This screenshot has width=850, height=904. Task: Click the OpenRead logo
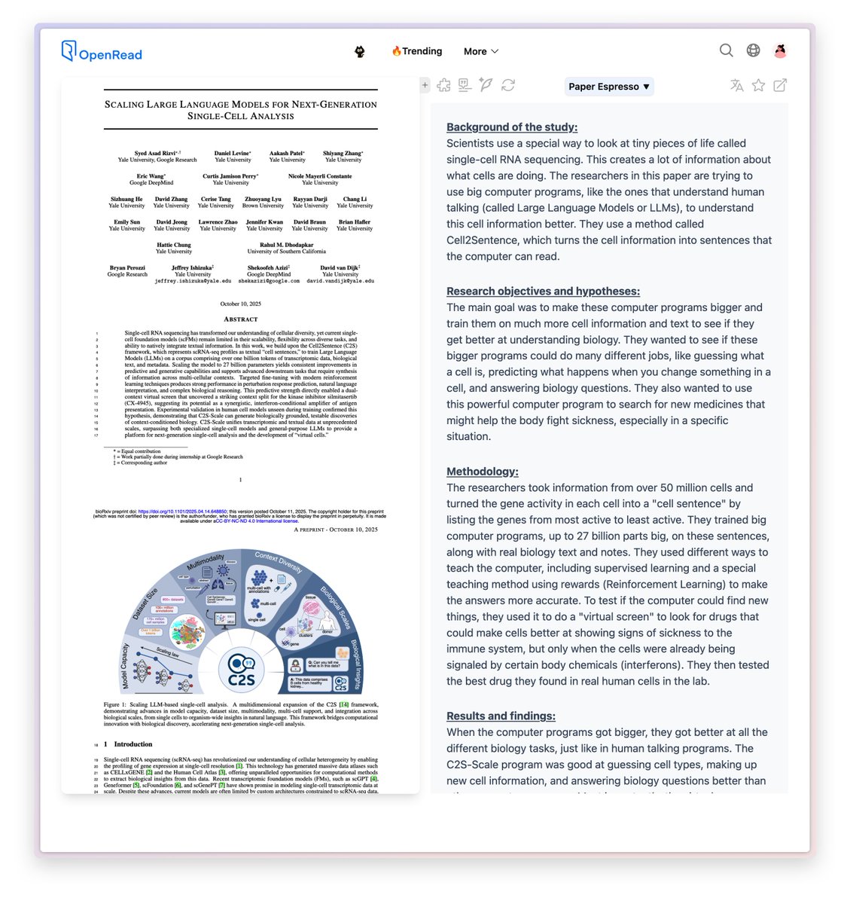click(101, 52)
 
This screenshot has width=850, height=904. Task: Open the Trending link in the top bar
click(416, 51)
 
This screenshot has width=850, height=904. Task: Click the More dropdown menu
click(480, 51)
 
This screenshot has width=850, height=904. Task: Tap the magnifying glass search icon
click(726, 50)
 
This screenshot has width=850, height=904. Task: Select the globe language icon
click(753, 50)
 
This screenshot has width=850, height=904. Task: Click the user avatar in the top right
click(780, 50)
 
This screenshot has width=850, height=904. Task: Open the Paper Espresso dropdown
click(608, 87)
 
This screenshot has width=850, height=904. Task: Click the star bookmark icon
click(758, 86)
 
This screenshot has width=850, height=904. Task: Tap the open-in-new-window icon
click(780, 86)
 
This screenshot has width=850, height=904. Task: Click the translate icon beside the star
click(736, 86)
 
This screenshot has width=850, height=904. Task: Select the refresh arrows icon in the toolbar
click(508, 85)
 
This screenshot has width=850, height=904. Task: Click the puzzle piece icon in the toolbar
click(443, 85)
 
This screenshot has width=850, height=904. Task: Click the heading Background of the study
click(512, 127)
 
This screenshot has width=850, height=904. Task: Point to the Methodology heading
click(482, 472)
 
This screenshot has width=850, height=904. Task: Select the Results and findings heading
click(501, 716)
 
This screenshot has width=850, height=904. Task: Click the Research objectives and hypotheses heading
click(543, 292)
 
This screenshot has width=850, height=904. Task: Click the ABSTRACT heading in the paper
click(240, 319)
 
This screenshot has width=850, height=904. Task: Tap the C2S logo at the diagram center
click(242, 670)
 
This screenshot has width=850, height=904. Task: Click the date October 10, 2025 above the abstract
click(240, 304)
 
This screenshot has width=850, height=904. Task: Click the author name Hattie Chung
click(173, 245)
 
